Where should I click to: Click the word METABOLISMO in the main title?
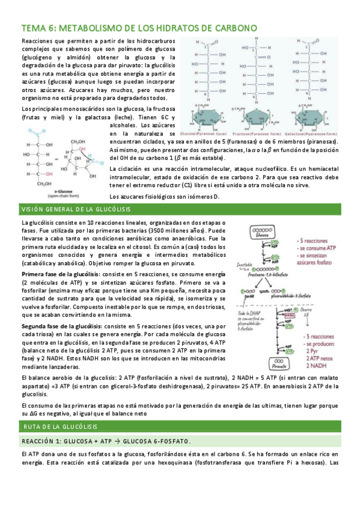[x=93, y=28]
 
